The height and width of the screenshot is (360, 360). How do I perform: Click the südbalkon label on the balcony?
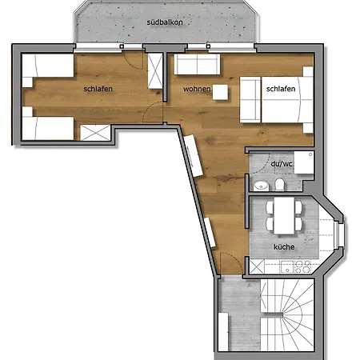click(x=165, y=23)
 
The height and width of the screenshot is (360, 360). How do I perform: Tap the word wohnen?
click(x=196, y=88)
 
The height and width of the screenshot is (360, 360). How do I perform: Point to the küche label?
click(x=283, y=247)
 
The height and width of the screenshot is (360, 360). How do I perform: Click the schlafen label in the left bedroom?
click(x=97, y=89)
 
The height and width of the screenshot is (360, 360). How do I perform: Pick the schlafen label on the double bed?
click(x=282, y=90)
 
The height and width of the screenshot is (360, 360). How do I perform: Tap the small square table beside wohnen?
click(x=220, y=92)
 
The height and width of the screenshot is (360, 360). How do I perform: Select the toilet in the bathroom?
click(x=277, y=186)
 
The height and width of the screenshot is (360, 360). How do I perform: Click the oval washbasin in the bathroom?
click(x=259, y=186)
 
